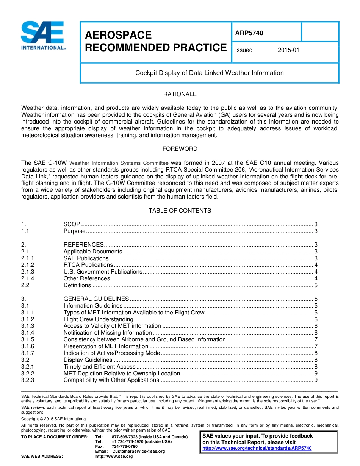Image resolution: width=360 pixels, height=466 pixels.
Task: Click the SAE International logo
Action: pos(44,36)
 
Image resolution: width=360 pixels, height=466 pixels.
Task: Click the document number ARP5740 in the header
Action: pos(249,33)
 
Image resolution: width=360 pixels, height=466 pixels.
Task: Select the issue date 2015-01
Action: pos(288,50)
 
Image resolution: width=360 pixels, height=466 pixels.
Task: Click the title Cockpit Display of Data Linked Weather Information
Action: pos(209,73)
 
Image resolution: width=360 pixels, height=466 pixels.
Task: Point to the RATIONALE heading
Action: pos(180,94)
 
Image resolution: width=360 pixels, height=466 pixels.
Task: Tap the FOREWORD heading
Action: pos(180,149)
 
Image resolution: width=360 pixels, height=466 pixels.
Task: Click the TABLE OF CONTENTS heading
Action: pos(180,211)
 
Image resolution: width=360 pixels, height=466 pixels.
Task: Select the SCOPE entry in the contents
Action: pos(74,224)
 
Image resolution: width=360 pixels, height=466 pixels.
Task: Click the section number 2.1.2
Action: pos(28,265)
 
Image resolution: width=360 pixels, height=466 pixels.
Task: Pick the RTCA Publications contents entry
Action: pos(88,265)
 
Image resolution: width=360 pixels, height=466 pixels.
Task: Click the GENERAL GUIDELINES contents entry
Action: pos(96,299)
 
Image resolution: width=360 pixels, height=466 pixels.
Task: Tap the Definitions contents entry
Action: pos(77,285)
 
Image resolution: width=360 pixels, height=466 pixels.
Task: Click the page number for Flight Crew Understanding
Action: pos(316,319)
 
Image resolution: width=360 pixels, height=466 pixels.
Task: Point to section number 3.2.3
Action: pos(28,380)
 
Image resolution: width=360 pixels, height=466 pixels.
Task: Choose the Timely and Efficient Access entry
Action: pos(99,367)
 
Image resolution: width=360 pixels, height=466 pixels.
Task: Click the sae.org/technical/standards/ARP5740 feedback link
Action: pos(257,448)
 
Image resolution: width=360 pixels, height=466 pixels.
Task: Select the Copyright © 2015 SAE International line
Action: pos(54,419)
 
